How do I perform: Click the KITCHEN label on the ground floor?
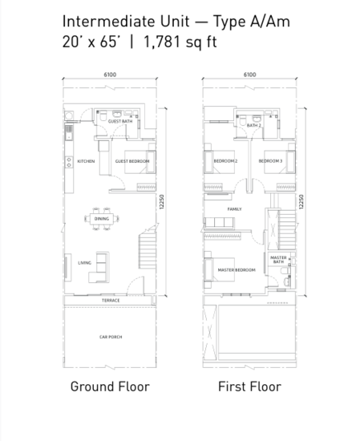click(87, 161)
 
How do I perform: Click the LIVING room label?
click(84, 262)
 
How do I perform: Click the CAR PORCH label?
click(111, 337)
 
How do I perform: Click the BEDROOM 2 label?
click(225, 161)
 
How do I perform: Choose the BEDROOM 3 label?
click(270, 161)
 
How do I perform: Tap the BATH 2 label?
click(255, 126)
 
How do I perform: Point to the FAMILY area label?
click(234, 208)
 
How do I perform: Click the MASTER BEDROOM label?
click(237, 270)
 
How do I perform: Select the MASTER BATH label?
click(278, 259)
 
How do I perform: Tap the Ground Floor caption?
click(109, 386)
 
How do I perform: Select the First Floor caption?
click(249, 386)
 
